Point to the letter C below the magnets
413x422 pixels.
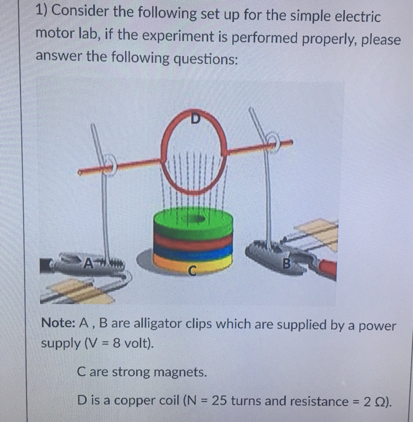[192, 272]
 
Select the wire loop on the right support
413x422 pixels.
[274, 142]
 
